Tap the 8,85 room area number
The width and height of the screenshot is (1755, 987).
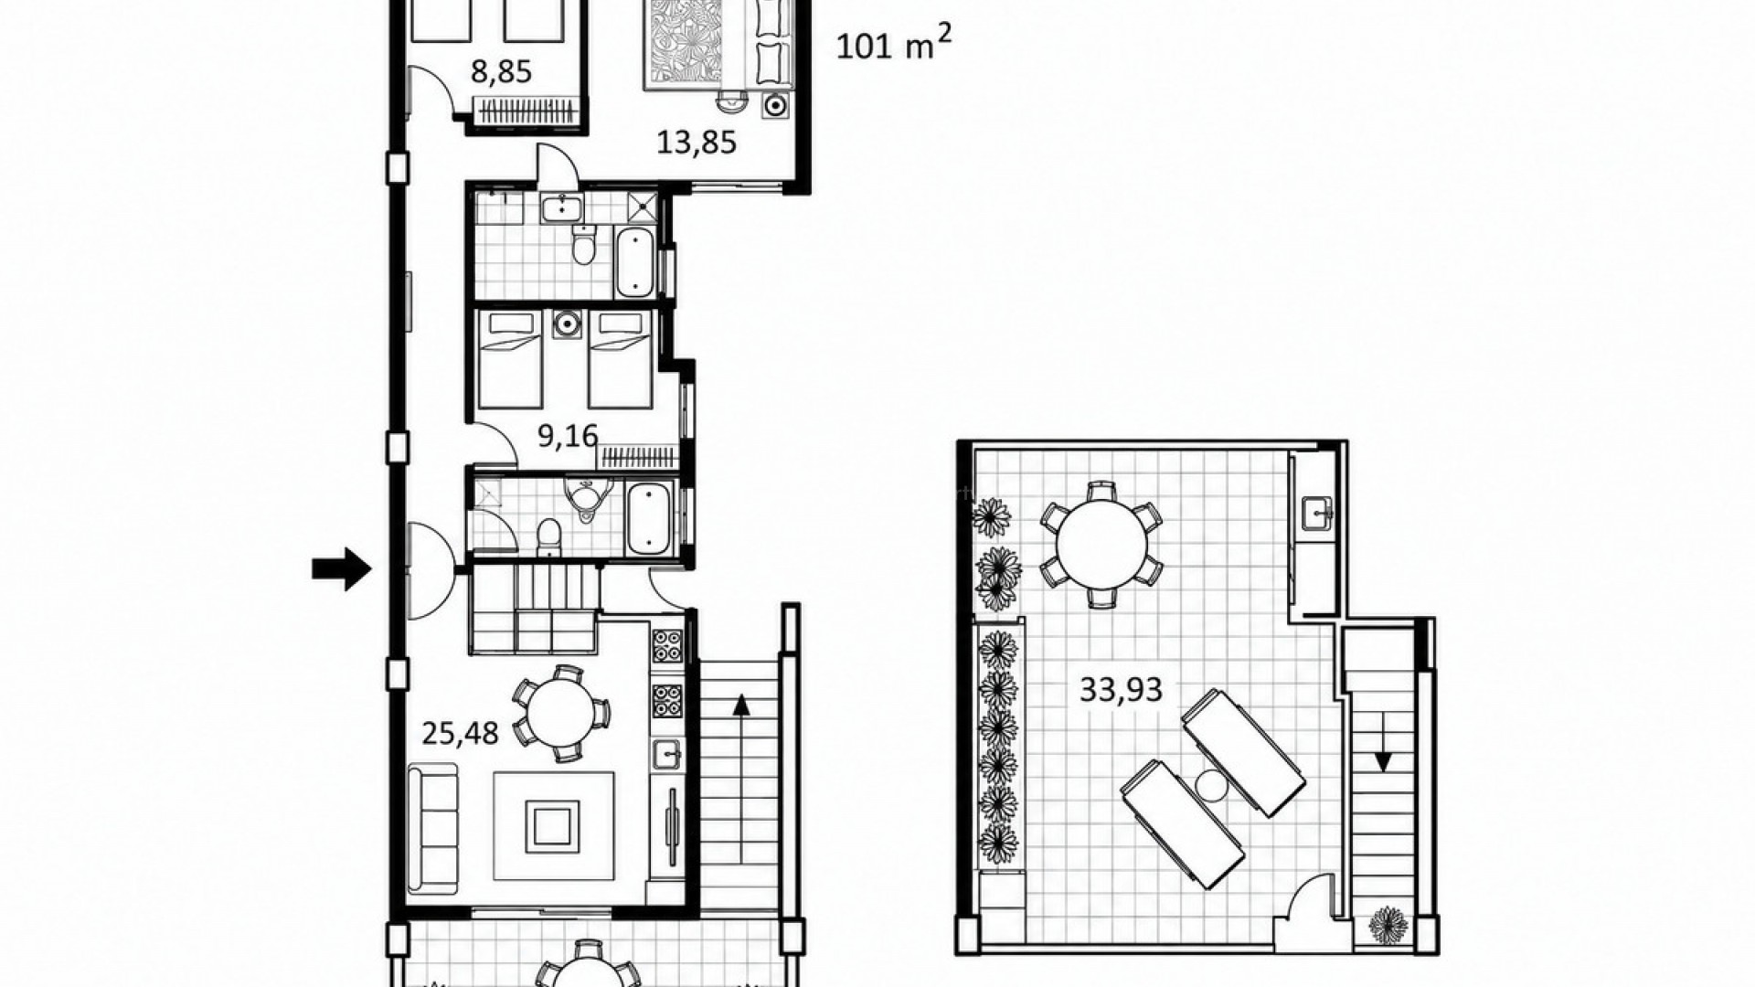(x=501, y=71)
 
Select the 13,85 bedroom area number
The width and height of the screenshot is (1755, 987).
(x=697, y=142)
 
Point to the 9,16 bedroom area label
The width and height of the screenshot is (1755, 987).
(x=568, y=436)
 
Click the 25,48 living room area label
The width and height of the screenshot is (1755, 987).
(x=460, y=732)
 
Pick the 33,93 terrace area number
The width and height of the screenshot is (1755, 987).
(x=1121, y=689)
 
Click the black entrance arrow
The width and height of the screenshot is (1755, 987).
(x=342, y=569)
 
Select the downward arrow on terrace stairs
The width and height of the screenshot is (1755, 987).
(x=1384, y=740)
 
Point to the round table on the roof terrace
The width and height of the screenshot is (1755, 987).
(x=1101, y=545)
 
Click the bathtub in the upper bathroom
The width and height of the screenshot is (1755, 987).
(x=634, y=262)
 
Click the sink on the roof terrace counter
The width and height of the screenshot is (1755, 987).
(x=1317, y=514)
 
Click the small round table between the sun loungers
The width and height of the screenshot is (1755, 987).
(x=1211, y=785)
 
